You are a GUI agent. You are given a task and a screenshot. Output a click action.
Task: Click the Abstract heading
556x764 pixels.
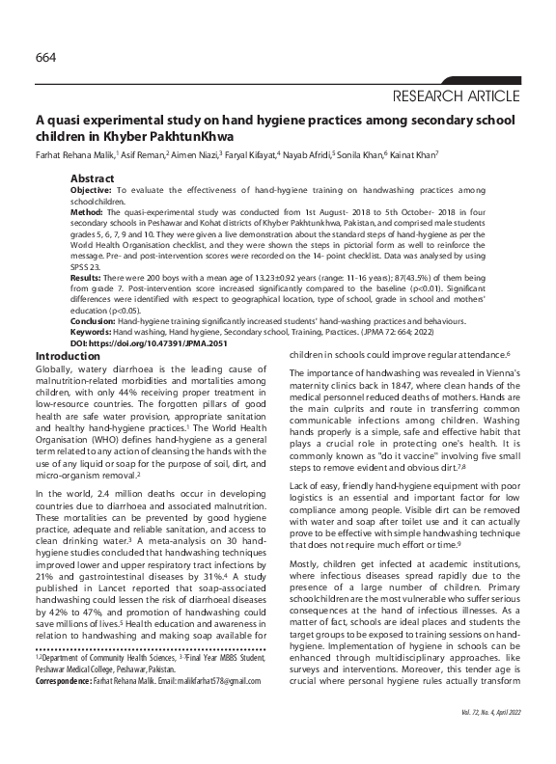[94, 179]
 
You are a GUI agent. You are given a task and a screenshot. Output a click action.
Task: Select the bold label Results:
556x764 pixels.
[89, 278]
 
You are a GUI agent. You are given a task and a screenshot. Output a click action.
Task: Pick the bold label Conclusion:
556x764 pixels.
[95, 324]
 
